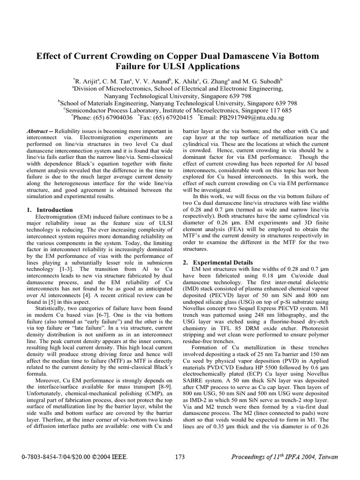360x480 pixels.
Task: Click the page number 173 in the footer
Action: tap(180, 457)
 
